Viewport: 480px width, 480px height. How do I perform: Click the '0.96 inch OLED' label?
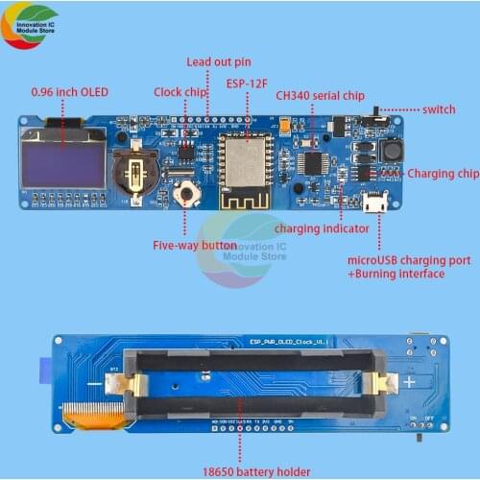[x=70, y=91]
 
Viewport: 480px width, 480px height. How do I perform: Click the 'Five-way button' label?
[x=195, y=246]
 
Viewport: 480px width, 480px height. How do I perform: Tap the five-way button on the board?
[x=187, y=194]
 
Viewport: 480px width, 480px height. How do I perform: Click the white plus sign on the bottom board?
[x=410, y=382]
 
